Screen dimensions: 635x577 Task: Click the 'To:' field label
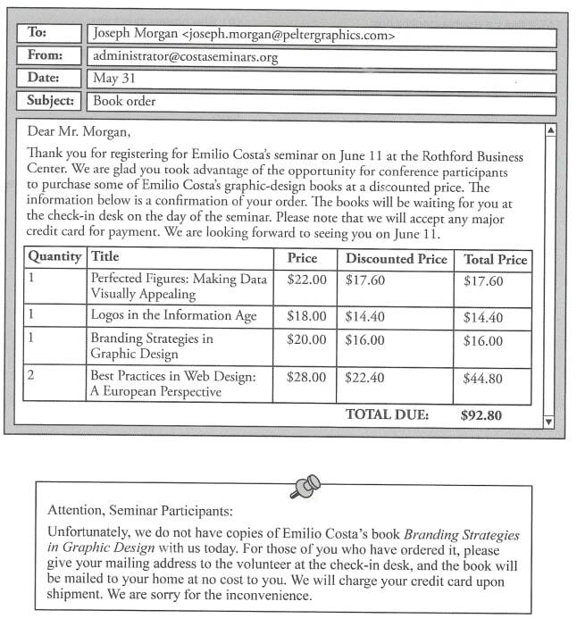point(37,33)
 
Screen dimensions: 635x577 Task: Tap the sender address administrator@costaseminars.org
point(186,57)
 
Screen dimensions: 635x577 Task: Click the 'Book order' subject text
point(124,101)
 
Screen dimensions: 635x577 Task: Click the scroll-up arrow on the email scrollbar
point(550,130)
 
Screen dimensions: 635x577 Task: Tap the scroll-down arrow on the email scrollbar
point(549,421)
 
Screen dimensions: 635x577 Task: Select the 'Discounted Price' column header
point(396,259)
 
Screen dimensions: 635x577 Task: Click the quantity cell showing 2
point(31,375)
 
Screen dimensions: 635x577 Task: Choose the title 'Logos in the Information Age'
point(173,315)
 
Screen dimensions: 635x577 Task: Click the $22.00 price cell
point(306,280)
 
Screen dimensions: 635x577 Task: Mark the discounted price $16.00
point(364,340)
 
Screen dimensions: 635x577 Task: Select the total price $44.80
point(483,378)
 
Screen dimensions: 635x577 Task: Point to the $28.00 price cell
point(306,377)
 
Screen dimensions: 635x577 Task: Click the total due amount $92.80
point(482,414)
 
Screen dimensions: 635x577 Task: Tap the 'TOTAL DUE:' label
point(387,414)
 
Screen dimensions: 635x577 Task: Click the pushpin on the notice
point(305,487)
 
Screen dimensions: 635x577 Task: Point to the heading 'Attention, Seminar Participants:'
point(139,512)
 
